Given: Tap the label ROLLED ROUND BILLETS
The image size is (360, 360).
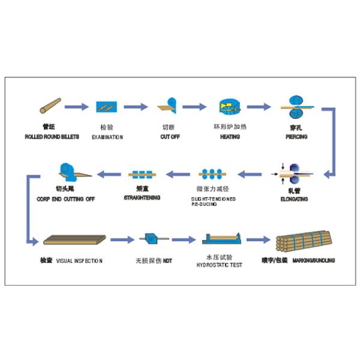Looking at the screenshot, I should (49, 137).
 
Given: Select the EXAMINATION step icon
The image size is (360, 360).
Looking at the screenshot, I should (106, 107).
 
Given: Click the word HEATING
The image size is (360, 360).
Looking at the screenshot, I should (230, 137).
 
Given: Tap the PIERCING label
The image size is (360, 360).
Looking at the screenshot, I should (296, 137).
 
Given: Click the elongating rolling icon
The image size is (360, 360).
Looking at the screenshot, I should (295, 173).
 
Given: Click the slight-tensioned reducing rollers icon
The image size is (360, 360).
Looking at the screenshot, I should (213, 174).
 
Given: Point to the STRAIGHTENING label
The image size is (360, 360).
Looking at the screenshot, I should (142, 197).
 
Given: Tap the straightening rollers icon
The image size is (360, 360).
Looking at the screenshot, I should (142, 175).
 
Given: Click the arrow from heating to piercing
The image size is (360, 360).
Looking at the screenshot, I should (259, 107).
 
